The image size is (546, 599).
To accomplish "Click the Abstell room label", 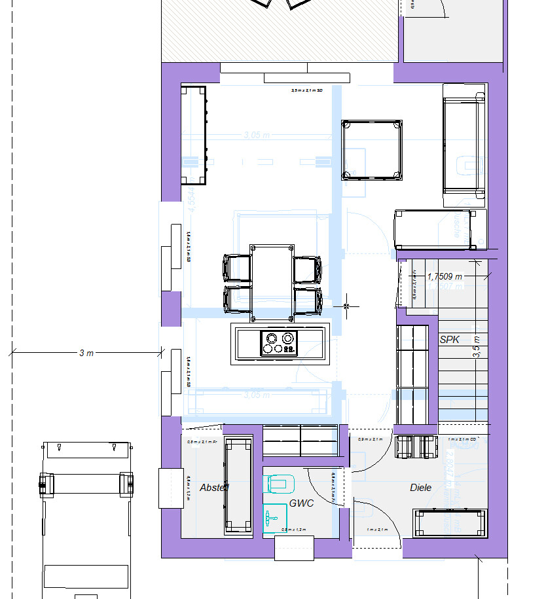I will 214,488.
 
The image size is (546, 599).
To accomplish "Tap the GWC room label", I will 302,503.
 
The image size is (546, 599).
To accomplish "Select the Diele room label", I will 420,488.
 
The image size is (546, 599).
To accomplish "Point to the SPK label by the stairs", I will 450,340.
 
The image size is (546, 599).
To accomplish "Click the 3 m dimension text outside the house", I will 86,353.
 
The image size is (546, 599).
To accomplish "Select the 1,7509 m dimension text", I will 445,276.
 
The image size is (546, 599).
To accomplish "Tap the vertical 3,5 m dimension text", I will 477,346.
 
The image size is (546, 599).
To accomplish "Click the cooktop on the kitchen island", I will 279,343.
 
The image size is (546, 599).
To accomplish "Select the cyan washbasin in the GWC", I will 272,518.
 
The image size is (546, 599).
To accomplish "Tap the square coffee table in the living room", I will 372,150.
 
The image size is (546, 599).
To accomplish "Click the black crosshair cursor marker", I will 346,306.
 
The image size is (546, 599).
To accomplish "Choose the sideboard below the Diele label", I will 451,523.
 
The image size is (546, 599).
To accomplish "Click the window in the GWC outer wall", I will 294,547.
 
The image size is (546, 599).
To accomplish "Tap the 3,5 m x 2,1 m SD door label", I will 307,91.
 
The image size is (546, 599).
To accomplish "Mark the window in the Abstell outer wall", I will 170,488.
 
